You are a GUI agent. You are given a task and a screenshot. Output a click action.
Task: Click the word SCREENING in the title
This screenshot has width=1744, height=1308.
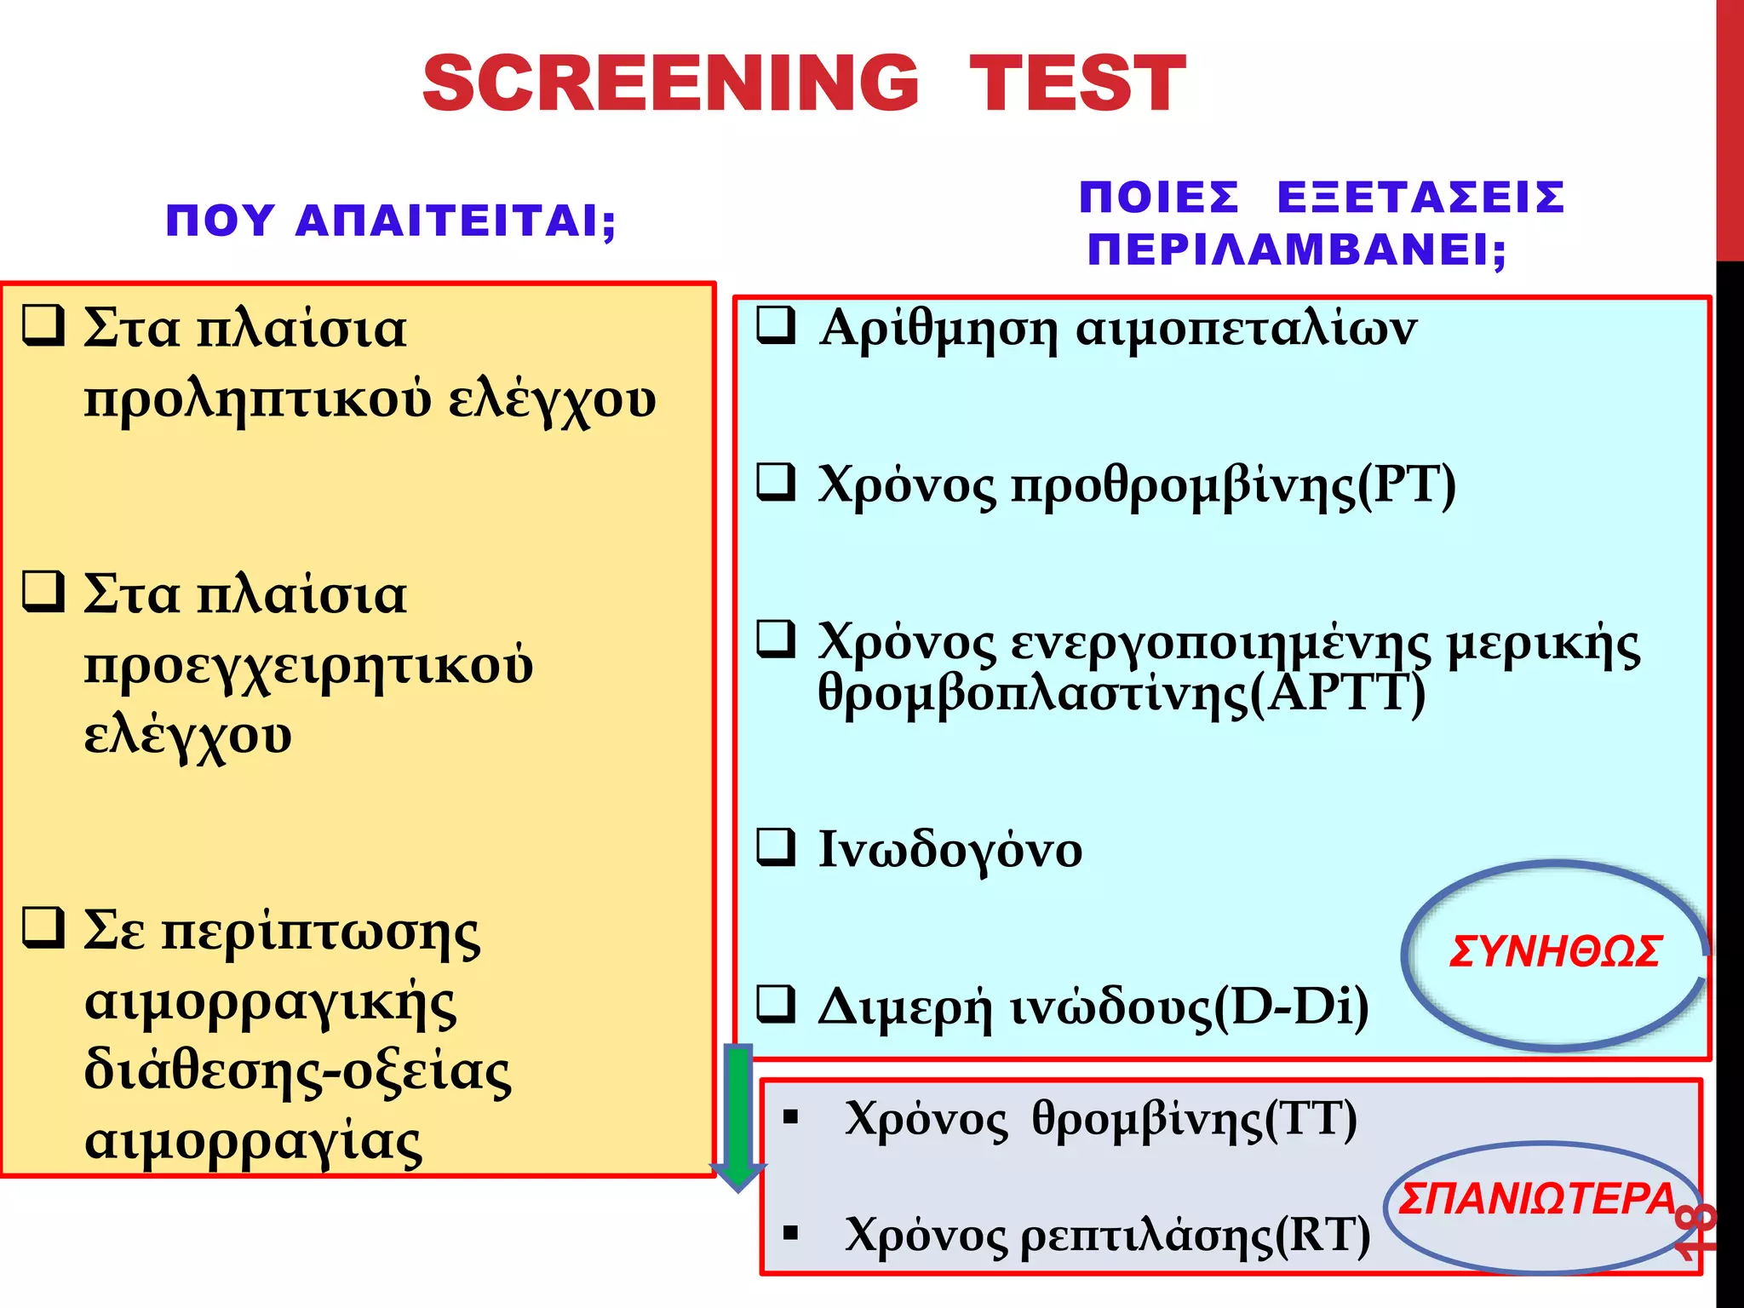[670, 83]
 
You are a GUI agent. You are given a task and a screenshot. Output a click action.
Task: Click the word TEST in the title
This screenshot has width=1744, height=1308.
[1077, 83]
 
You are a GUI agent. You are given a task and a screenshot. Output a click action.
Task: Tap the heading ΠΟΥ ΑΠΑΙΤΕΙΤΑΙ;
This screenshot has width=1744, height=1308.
[391, 221]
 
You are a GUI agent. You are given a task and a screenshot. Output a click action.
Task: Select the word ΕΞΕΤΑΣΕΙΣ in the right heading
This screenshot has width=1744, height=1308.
[1420, 198]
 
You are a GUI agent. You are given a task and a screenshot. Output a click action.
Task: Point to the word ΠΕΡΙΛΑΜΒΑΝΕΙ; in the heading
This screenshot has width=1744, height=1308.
[1296, 250]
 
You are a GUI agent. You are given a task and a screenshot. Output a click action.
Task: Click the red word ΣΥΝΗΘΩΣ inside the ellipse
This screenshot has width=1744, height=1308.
[1554, 952]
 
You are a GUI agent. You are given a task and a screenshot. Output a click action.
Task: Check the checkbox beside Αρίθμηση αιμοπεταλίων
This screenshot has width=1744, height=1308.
[776, 325]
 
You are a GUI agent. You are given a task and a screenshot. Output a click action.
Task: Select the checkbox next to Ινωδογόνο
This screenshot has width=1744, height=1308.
[776, 847]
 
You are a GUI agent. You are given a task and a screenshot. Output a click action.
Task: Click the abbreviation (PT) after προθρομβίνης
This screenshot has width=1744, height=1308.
[1406, 485]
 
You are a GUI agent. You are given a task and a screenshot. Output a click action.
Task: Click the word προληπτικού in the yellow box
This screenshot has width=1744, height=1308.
[257, 399]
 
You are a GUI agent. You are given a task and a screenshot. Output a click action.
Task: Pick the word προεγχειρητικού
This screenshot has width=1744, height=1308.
[308, 665]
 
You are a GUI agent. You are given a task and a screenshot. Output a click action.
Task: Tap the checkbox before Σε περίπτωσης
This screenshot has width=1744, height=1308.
[43, 928]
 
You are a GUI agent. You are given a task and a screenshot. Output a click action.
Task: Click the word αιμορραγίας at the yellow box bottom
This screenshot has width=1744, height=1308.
[253, 1141]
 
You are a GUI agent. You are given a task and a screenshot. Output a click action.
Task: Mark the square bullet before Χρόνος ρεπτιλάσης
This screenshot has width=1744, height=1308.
[791, 1232]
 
